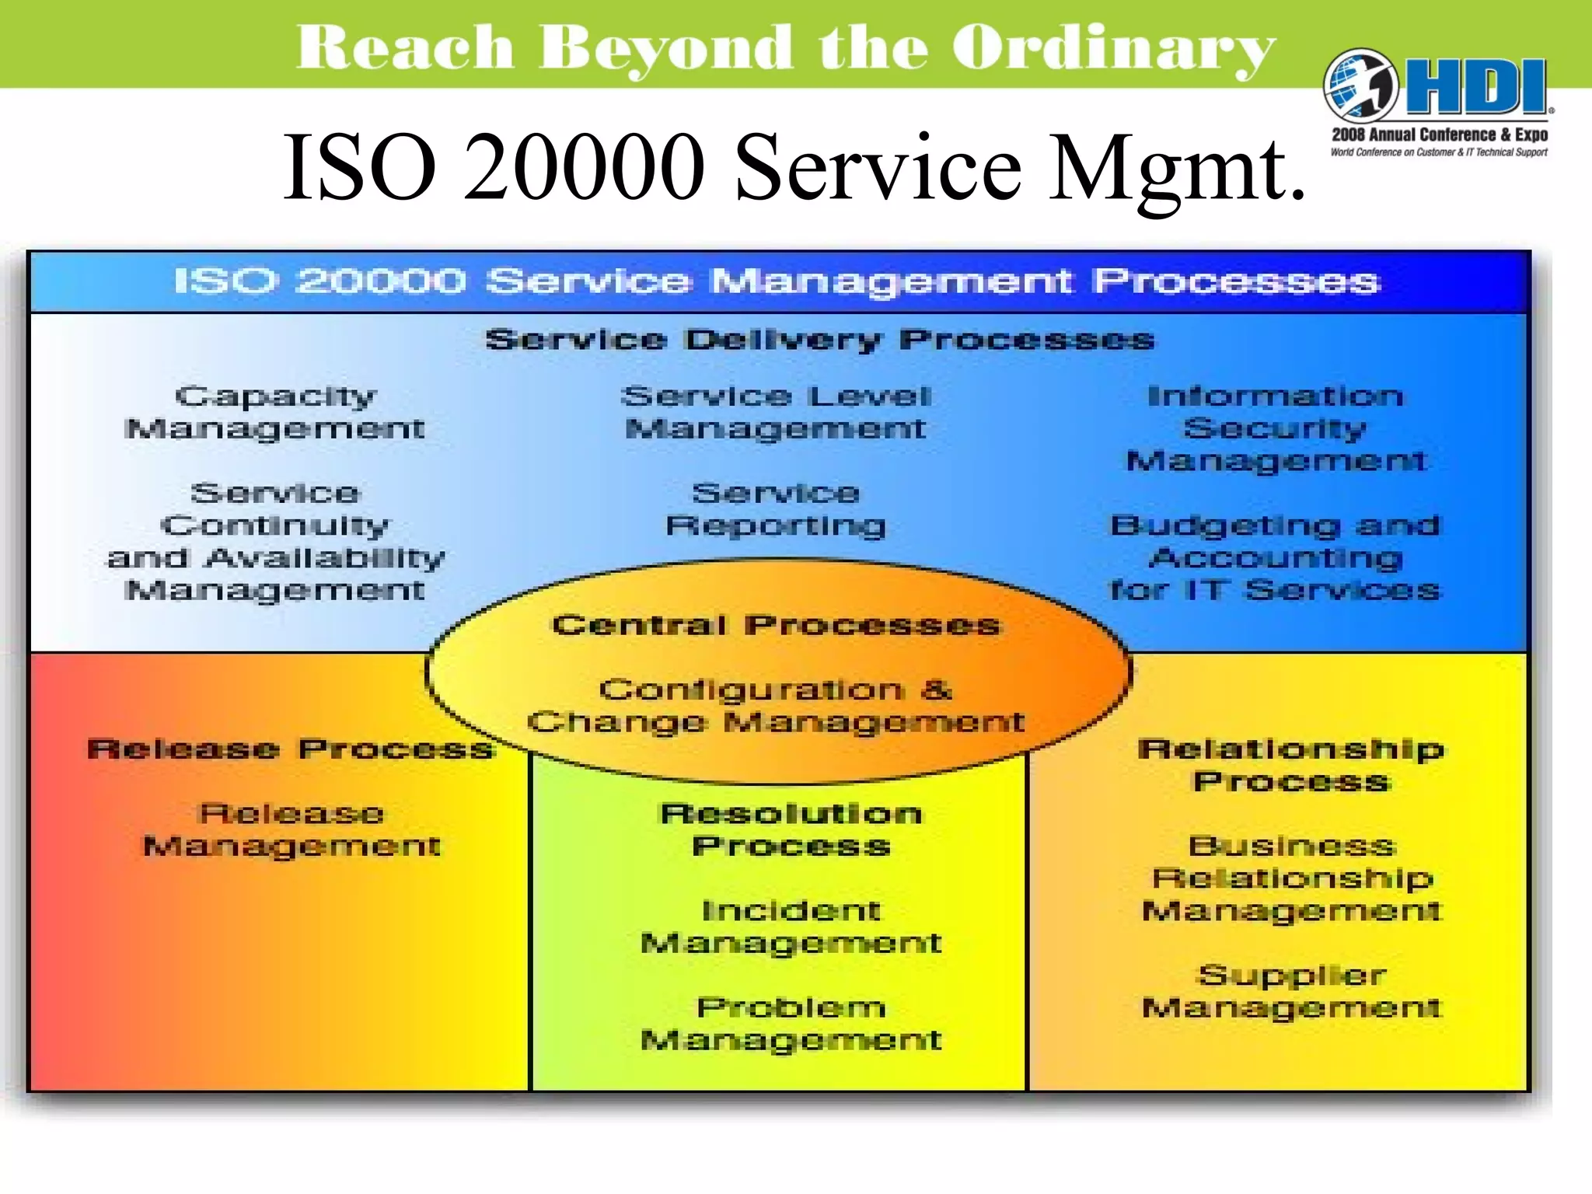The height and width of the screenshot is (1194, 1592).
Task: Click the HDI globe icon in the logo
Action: (x=1360, y=86)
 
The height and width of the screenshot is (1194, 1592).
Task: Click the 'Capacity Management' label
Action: (x=275, y=413)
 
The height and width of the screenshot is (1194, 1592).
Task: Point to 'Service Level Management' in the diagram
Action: (x=776, y=413)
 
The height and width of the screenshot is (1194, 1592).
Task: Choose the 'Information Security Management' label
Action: (x=1276, y=428)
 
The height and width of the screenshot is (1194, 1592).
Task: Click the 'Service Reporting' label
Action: (x=776, y=509)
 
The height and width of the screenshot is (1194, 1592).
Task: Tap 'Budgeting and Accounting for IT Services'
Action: (x=1275, y=557)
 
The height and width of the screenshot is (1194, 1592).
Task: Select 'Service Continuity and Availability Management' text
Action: (x=275, y=541)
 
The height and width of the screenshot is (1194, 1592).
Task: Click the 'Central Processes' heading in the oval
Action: (x=776, y=625)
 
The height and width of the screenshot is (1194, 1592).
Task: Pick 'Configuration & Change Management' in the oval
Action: (x=776, y=706)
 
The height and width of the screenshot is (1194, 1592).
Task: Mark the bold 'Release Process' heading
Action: (x=291, y=749)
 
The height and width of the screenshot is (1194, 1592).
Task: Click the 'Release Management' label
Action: (x=292, y=829)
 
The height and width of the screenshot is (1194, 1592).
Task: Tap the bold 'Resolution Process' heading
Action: (x=791, y=829)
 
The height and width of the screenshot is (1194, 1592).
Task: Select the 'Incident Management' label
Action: (x=791, y=927)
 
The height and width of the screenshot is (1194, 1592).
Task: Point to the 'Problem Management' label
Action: (x=791, y=1023)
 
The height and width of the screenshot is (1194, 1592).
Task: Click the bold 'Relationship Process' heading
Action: (x=1291, y=765)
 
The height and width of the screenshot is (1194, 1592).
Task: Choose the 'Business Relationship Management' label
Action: (x=1292, y=878)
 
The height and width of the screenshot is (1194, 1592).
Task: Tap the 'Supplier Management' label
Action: (x=1292, y=991)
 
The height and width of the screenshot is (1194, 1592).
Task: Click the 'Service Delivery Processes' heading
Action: (x=819, y=340)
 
